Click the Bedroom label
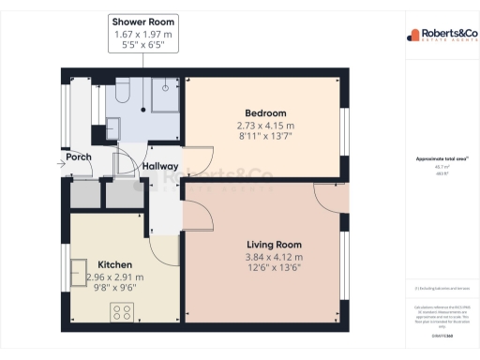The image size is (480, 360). point(265,113)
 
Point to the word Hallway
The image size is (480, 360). point(161,166)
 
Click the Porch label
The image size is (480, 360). point(79,157)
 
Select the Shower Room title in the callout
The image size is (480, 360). point(142,21)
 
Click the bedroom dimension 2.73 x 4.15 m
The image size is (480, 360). point(265,126)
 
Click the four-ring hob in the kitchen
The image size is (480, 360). point(123,311)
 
